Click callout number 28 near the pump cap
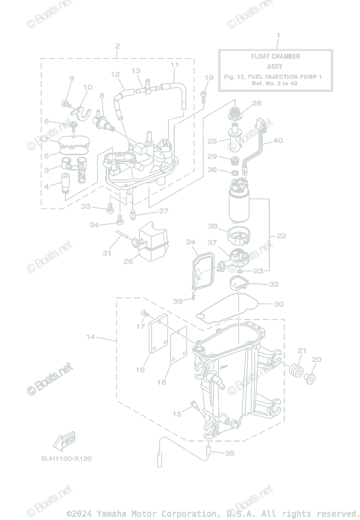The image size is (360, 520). pyautogui.click(x=256, y=103)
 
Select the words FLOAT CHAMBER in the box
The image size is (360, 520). pyautogui.click(x=276, y=56)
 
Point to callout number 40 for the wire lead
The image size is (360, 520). pyautogui.click(x=278, y=140)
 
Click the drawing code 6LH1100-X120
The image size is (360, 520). pyautogui.click(x=67, y=458)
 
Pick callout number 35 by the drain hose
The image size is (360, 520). pyautogui.click(x=230, y=453)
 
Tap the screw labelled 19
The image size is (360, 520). pyautogui.click(x=204, y=97)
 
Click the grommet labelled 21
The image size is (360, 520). pyautogui.click(x=296, y=370)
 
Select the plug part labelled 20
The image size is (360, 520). pyautogui.click(x=310, y=379)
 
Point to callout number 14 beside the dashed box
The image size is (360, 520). pyautogui.click(x=91, y=337)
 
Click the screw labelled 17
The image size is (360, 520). pyautogui.click(x=145, y=313)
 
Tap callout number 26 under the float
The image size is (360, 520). pyautogui.click(x=128, y=261)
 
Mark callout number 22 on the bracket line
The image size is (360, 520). pyautogui.click(x=282, y=236)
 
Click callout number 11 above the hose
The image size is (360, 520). pyautogui.click(x=174, y=65)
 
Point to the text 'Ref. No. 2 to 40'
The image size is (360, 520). pyautogui.click(x=275, y=83)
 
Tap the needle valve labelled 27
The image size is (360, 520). pyautogui.click(x=133, y=215)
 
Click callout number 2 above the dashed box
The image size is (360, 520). pyautogui.click(x=118, y=46)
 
